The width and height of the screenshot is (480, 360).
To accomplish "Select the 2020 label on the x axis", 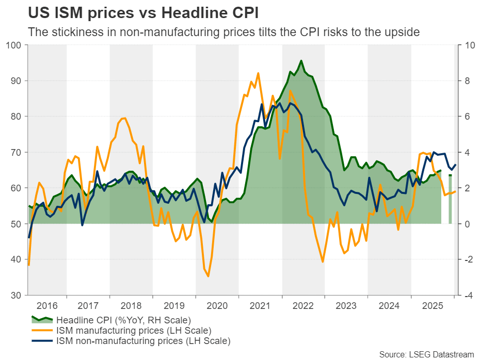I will tap(217, 305).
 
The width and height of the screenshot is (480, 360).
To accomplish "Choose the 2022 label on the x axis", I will tap(303, 305).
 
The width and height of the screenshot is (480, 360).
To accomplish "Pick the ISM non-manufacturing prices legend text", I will tap(143, 340).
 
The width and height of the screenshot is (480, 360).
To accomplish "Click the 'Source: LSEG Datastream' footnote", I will tap(426, 354).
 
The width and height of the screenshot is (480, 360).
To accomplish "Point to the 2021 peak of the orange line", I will tap(258, 73).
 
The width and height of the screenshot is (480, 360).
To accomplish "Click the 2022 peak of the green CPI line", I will tap(301, 61).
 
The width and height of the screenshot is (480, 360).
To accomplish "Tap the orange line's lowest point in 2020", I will tap(209, 276).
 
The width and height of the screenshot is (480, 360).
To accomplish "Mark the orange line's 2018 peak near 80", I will tap(124, 118).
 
